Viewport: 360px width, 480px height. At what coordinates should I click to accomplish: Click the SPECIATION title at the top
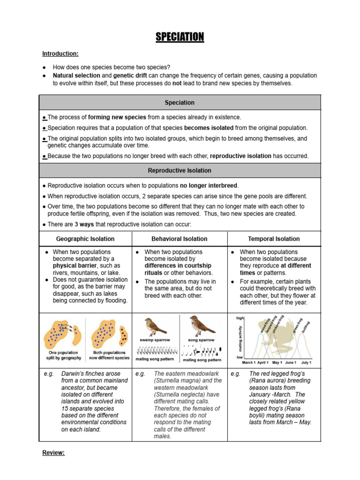coord(180,37)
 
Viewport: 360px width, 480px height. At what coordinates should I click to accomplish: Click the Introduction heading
coord(60,54)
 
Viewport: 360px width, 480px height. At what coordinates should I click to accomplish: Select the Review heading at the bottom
coord(53,453)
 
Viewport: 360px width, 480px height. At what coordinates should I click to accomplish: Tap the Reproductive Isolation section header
coord(180,171)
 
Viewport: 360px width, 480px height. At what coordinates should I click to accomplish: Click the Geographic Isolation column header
coord(85,239)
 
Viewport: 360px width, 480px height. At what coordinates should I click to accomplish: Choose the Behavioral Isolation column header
coord(180,239)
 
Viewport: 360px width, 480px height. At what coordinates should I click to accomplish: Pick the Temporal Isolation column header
coord(274,239)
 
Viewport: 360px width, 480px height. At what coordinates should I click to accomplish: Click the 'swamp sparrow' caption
coord(155,340)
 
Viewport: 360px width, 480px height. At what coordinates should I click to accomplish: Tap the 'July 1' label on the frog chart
coord(306,363)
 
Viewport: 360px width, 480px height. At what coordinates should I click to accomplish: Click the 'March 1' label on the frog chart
coord(249,363)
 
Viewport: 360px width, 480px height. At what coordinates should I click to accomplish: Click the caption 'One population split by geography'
coord(65,355)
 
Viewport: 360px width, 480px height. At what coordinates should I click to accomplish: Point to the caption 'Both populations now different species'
coord(109,355)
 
